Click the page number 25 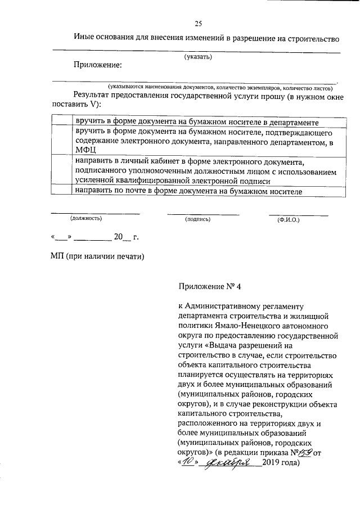198,23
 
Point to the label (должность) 85,219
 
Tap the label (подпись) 197,219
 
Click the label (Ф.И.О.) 289,219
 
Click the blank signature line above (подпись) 202,214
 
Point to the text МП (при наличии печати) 98,256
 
